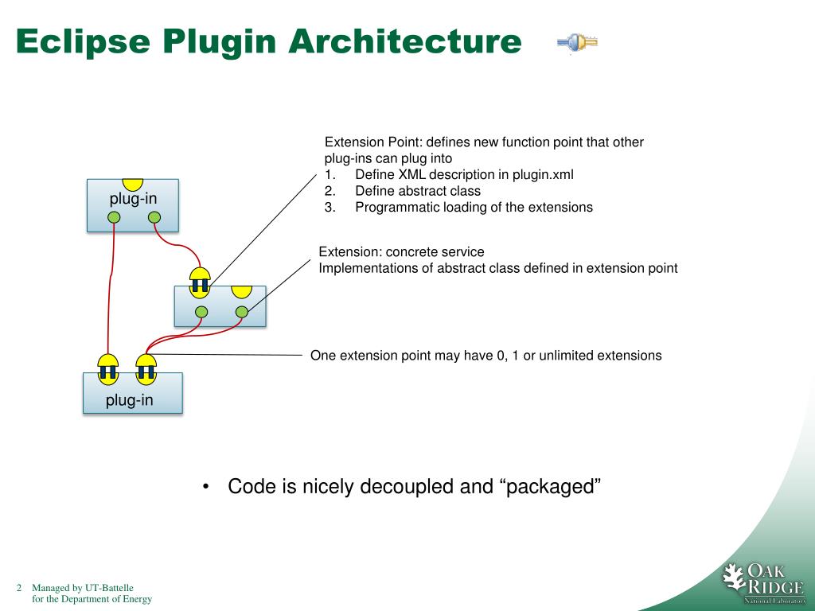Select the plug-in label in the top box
tap(133, 198)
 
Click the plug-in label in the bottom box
tap(130, 400)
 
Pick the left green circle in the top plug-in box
tap(115, 217)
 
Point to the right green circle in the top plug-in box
tap(154, 217)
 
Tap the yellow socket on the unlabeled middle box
tap(200, 280)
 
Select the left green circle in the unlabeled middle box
tap(202, 311)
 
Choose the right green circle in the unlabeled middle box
tap(240, 311)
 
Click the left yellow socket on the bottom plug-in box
tap(107, 367)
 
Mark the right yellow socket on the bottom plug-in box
tap(146, 367)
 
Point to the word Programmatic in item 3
tap(396, 208)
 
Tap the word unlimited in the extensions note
tap(566, 356)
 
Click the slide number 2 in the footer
tap(18, 588)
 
